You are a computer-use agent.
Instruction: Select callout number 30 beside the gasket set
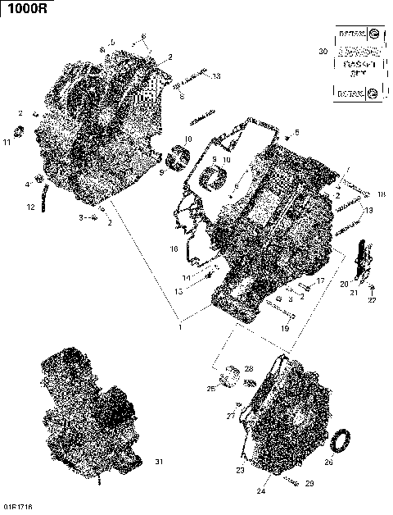323,52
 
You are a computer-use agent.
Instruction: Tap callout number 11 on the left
7,144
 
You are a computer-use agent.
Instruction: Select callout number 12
31,207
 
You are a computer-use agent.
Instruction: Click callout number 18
381,194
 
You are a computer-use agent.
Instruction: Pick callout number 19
284,328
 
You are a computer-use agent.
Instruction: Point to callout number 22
372,300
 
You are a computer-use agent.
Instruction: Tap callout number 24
261,492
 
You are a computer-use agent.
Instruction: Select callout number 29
309,484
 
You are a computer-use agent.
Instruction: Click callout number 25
210,388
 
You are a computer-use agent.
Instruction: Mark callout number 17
322,281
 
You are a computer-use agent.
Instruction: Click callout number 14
186,278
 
